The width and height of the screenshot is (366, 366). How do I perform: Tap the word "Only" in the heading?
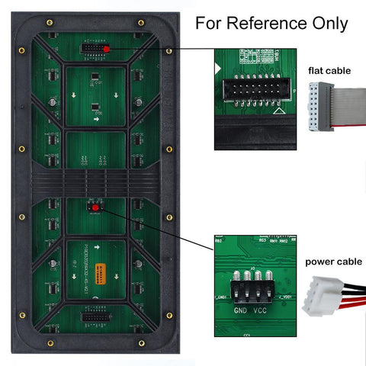click(326, 23)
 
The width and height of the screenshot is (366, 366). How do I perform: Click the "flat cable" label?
click(329, 71)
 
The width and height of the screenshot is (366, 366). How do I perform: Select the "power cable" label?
click(333, 262)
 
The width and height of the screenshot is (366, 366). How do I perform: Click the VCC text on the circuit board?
click(259, 312)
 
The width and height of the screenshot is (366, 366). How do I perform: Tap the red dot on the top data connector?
click(105, 48)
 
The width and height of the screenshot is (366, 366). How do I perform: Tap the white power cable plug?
click(317, 297)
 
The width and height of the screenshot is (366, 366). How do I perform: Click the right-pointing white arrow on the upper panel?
click(96, 120)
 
